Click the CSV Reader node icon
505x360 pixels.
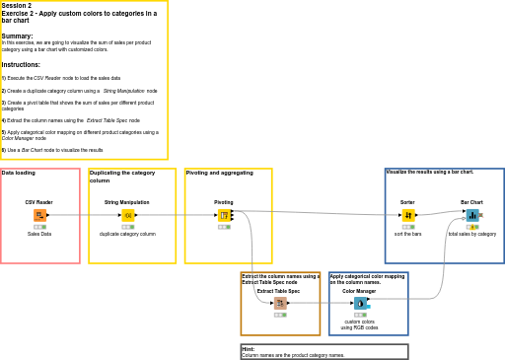click(39, 215)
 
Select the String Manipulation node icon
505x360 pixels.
click(127, 215)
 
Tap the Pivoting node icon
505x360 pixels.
click(224, 215)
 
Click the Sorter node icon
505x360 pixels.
click(408, 215)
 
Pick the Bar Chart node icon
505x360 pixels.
click(472, 215)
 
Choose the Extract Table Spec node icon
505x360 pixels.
click(280, 303)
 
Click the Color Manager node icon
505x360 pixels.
click(360, 303)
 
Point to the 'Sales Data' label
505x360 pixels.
click(39, 234)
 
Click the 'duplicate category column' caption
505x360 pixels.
click(127, 234)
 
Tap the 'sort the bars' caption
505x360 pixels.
click(408, 234)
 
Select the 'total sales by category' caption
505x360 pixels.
click(472, 234)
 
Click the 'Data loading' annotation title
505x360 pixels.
click(19, 173)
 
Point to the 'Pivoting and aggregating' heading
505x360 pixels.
click(219, 173)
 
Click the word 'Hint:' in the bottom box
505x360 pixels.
click(248, 349)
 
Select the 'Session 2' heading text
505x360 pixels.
click(17, 6)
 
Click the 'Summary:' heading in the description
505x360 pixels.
click(17, 36)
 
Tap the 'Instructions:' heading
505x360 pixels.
click(21, 65)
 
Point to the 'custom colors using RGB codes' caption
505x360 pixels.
click(360, 324)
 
